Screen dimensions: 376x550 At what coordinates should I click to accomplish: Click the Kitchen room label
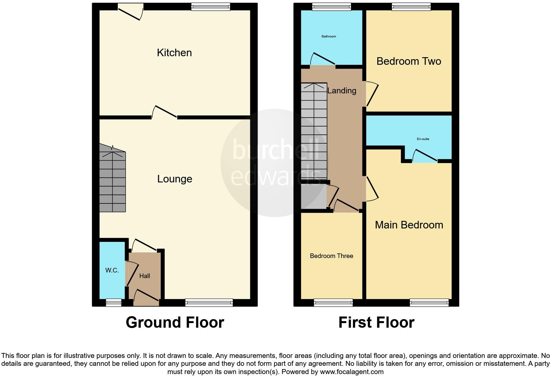click(174, 53)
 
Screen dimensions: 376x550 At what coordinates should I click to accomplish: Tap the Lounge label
click(174, 179)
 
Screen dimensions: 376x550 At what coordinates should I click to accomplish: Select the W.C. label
click(112, 270)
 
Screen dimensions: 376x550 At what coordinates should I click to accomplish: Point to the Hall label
click(144, 276)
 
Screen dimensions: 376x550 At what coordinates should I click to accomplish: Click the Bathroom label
click(329, 36)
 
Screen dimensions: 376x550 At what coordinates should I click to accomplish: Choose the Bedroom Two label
click(409, 61)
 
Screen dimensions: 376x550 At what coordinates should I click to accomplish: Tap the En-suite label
click(423, 139)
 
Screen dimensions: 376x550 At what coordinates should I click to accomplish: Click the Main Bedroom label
click(409, 225)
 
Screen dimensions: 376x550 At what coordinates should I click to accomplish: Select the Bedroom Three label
click(331, 256)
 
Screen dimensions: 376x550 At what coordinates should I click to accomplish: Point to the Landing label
click(341, 90)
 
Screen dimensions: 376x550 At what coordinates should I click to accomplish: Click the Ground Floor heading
click(175, 322)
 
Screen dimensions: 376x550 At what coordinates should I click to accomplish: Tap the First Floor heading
click(376, 322)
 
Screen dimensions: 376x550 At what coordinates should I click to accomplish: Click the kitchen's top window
click(211, 7)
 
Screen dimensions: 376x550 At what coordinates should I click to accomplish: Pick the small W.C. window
click(113, 302)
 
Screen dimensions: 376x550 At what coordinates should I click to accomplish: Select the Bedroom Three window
click(333, 302)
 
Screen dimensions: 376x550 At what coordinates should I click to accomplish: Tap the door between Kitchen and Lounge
click(164, 112)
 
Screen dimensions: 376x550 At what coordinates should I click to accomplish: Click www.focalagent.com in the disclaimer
click(351, 372)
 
